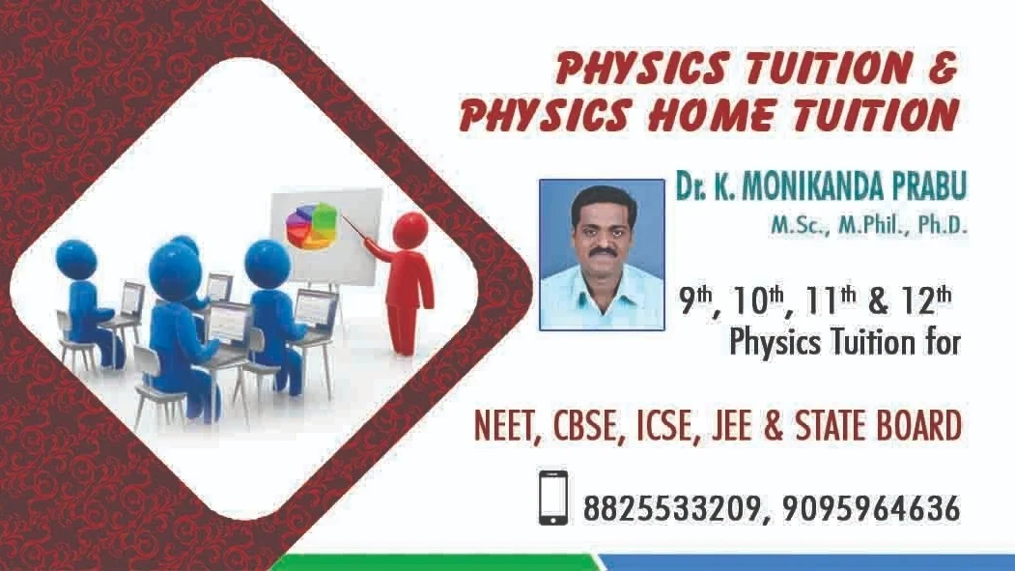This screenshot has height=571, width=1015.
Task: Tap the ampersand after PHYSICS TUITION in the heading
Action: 943,68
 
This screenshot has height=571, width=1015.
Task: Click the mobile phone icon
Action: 553,498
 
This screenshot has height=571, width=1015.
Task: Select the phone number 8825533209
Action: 671,509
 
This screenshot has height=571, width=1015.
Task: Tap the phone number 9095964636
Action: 871,509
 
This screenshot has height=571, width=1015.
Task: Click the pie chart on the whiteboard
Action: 312,225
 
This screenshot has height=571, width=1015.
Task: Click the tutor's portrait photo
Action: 602,255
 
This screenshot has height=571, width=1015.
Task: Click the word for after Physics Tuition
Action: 939,342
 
